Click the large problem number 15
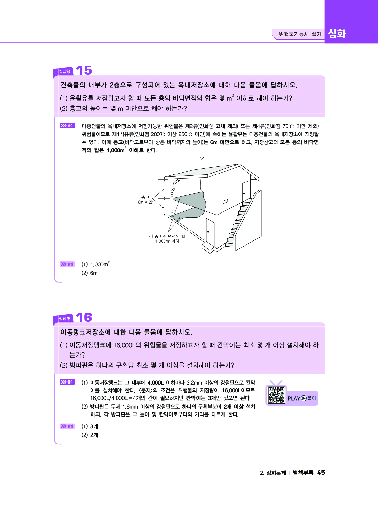[84, 70]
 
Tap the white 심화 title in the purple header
[337, 34]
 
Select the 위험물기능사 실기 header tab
[300, 34]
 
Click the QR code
[277, 395]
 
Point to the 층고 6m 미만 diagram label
[145, 199]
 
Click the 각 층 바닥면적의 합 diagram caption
[167, 239]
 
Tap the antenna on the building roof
[202, 162]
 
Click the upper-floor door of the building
[245, 191]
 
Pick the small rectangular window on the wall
[225, 202]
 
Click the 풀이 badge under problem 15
[67, 125]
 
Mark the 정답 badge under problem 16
[67, 426]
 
